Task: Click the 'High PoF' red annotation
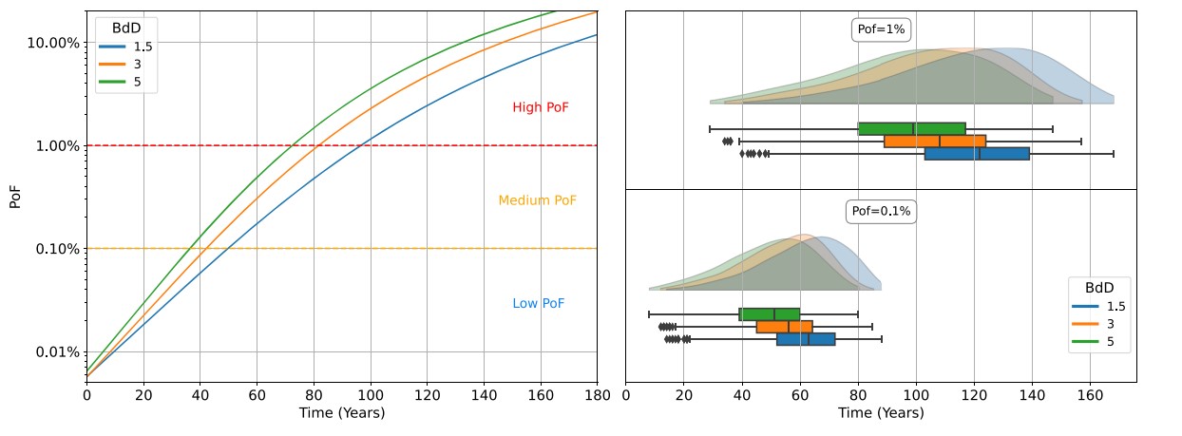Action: pyautogui.click(x=541, y=108)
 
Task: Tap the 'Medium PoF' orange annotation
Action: pyautogui.click(x=537, y=200)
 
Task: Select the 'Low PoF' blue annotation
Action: pyautogui.click(x=539, y=304)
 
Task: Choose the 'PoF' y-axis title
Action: pyautogui.click(x=15, y=197)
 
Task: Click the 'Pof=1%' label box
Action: pyautogui.click(x=881, y=29)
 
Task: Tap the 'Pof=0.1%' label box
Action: pyautogui.click(x=880, y=212)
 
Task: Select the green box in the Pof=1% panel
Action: pyautogui.click(x=911, y=128)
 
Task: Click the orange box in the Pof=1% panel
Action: pyautogui.click(x=935, y=141)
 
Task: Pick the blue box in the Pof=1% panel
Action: pyautogui.click(x=977, y=153)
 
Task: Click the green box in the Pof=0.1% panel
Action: pyautogui.click(x=770, y=314)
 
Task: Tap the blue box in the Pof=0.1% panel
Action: pyautogui.click(x=806, y=339)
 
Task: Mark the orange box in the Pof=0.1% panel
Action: pyautogui.click(x=784, y=327)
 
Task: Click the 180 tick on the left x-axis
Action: pyautogui.click(x=597, y=395)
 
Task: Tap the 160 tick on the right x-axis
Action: pyautogui.click(x=1090, y=395)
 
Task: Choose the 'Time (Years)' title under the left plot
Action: pyautogui.click(x=342, y=413)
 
